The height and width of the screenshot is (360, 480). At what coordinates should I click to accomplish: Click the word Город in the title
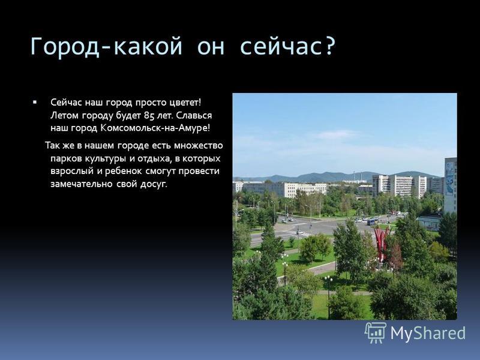click(x=65, y=47)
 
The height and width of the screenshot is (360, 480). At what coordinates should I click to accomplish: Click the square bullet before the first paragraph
click(x=35, y=101)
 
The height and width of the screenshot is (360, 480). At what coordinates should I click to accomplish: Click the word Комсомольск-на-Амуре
click(x=155, y=128)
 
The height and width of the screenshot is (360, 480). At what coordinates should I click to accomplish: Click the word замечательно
click(x=81, y=184)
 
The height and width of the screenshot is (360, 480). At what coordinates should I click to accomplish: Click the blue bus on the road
click(x=371, y=222)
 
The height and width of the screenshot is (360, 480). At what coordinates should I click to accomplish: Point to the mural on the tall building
click(x=449, y=179)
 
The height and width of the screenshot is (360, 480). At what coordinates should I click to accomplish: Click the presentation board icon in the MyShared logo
click(x=376, y=332)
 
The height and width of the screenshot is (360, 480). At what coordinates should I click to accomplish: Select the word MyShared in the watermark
click(x=428, y=333)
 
